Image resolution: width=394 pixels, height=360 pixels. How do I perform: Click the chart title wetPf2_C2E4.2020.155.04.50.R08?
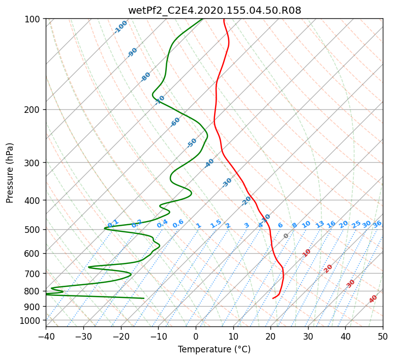(x=215, y=11)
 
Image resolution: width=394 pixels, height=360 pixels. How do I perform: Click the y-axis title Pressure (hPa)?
(x=10, y=173)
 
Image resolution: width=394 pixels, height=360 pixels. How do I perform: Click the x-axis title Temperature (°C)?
(x=215, y=349)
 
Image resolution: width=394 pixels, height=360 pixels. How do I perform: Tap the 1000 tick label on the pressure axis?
(x=33, y=321)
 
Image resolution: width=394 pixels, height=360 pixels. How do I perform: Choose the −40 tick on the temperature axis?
(x=46, y=336)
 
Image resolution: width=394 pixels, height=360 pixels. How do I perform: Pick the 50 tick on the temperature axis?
(x=383, y=336)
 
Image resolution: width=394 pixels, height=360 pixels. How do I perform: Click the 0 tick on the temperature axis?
(x=196, y=336)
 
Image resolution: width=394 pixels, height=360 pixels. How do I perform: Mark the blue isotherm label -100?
(x=120, y=27)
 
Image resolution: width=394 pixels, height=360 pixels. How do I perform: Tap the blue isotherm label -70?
(x=160, y=100)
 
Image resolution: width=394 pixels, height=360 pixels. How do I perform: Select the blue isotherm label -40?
(x=209, y=163)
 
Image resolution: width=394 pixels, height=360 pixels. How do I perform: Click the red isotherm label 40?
(x=373, y=299)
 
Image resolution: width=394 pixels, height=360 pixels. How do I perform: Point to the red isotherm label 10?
(x=307, y=253)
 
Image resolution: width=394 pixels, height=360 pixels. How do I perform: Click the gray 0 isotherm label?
(x=286, y=236)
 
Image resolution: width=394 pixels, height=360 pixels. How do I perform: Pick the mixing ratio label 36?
(x=377, y=224)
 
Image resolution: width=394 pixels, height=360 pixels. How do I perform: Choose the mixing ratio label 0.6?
(x=178, y=224)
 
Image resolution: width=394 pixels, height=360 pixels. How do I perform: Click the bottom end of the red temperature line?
(x=273, y=298)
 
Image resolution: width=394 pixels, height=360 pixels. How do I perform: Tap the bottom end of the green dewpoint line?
(x=144, y=298)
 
